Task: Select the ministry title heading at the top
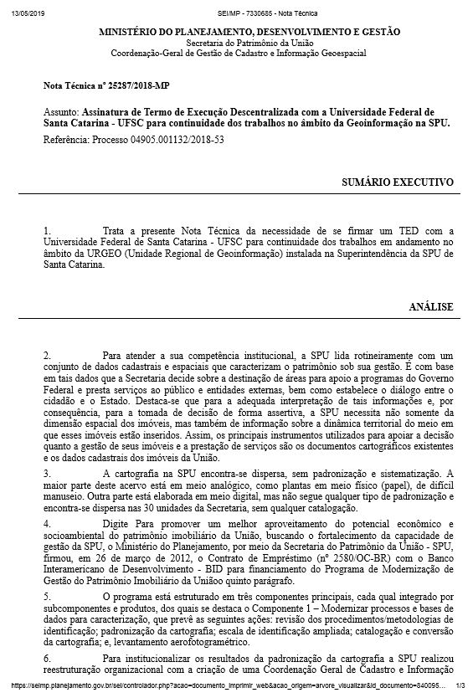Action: (249, 32)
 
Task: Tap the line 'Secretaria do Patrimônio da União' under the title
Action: (249, 43)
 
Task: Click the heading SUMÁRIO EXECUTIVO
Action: (398, 182)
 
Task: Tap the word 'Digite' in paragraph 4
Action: (116, 523)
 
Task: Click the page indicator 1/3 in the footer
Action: (460, 685)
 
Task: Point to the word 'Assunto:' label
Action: (61, 111)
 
